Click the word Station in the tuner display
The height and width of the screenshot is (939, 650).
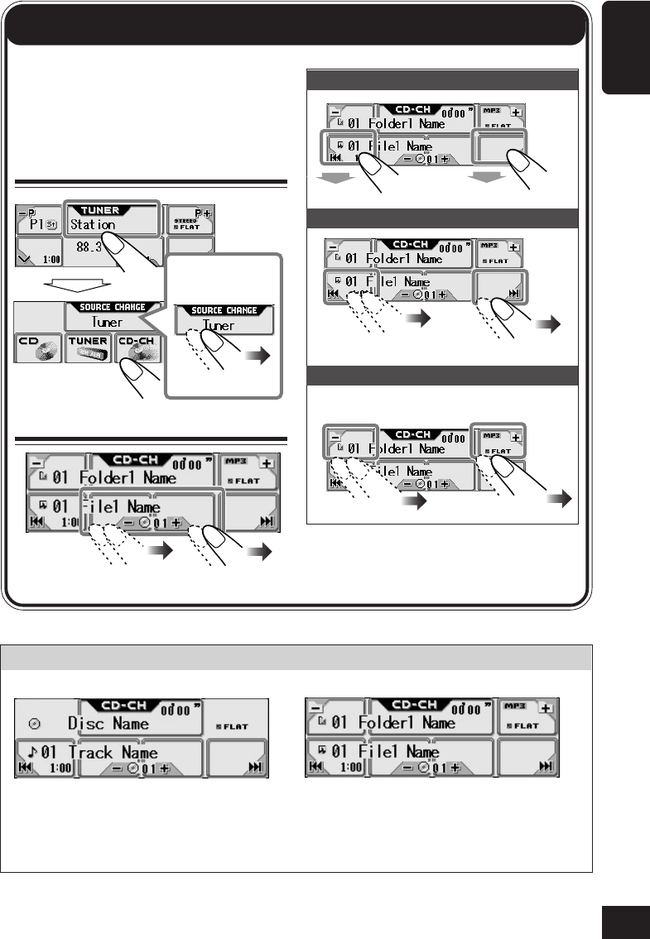tap(93, 224)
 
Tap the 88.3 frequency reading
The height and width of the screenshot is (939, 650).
tap(89, 247)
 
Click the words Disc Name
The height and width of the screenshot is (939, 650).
tap(110, 723)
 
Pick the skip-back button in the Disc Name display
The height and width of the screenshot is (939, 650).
tap(26, 768)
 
